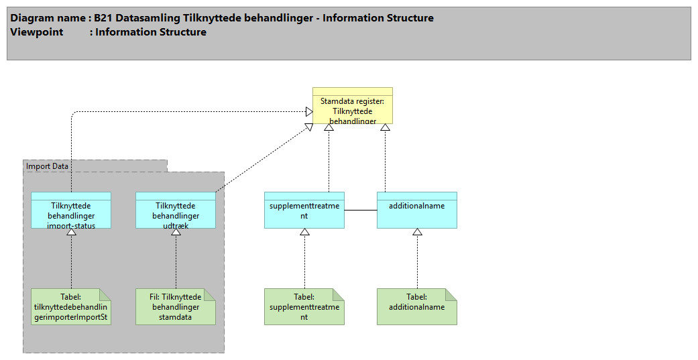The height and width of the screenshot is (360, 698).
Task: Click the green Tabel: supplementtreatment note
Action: [x=304, y=307]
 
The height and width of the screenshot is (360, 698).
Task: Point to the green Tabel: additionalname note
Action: [x=417, y=307]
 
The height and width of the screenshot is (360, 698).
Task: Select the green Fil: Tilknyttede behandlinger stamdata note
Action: [x=176, y=307]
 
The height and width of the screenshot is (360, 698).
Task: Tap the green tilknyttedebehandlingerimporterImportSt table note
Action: [x=71, y=307]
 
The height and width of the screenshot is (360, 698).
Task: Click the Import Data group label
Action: [x=48, y=166]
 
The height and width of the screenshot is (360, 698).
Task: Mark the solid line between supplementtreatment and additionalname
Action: [x=361, y=211]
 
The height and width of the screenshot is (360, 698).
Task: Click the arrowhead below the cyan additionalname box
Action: [x=417, y=232]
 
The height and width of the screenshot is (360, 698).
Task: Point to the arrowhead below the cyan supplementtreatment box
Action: [x=304, y=232]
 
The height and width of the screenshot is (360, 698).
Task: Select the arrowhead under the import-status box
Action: [x=71, y=232]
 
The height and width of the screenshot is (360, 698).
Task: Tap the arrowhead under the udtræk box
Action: [x=176, y=232]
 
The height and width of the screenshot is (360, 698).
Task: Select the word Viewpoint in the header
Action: [x=37, y=32]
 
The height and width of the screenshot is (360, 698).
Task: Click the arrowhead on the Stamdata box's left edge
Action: [x=309, y=111]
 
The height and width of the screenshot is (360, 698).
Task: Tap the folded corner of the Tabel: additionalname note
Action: [x=451, y=294]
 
